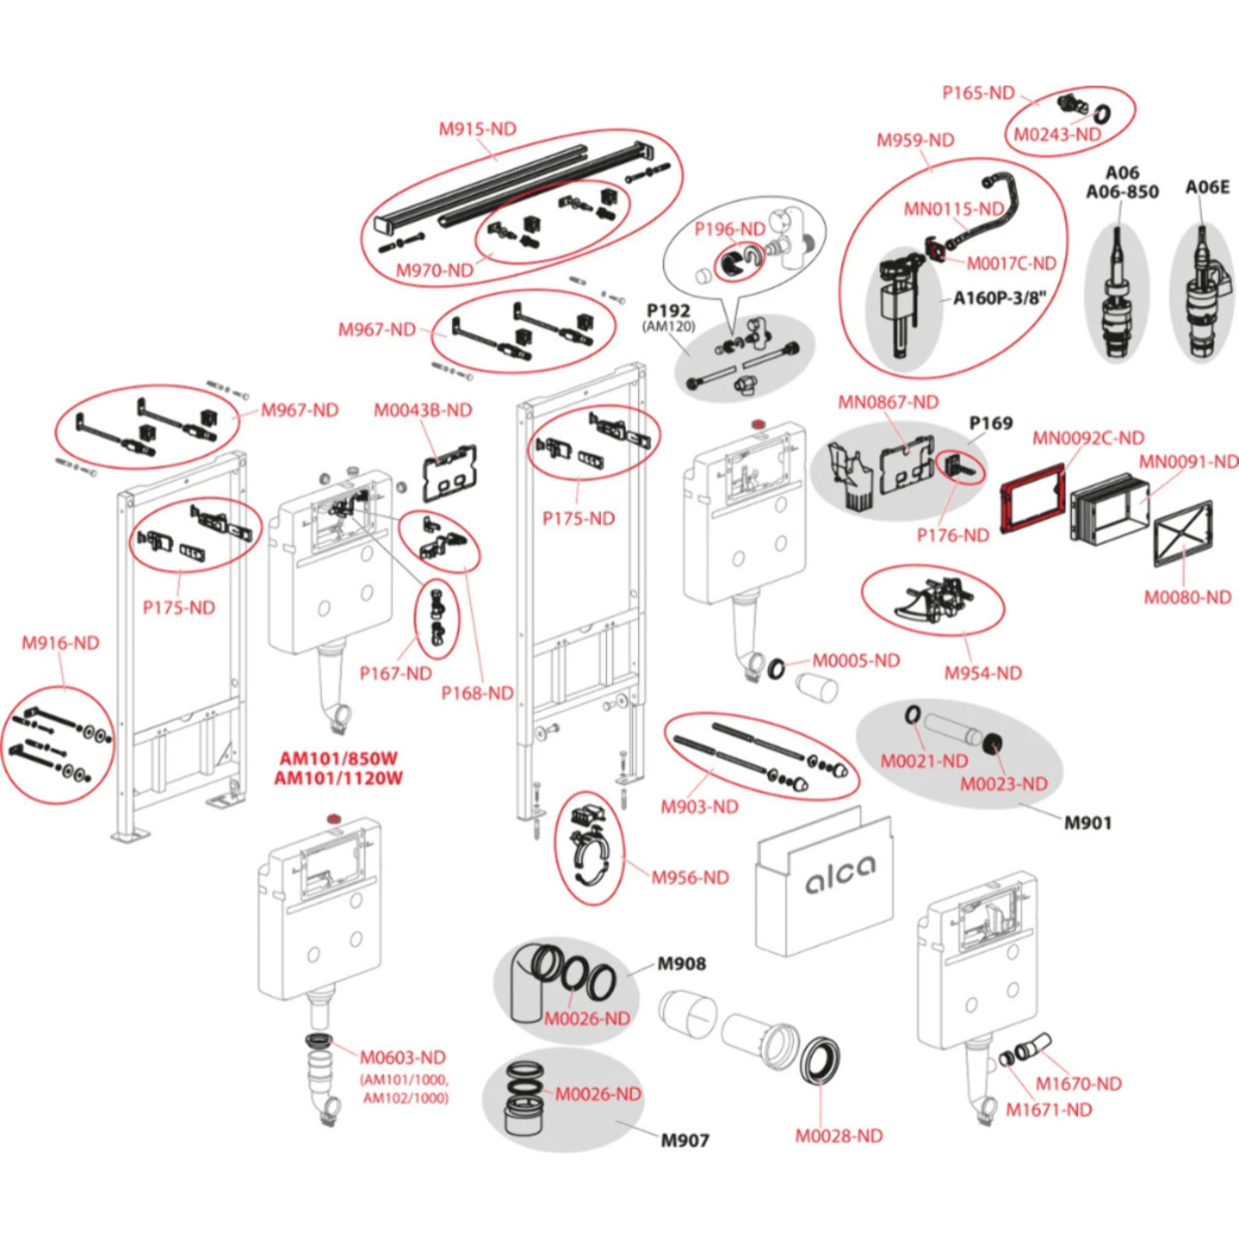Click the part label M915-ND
(477, 129)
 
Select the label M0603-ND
(402, 1057)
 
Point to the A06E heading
(1207, 187)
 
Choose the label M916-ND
(61, 643)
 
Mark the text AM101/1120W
(338, 779)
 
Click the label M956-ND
(690, 878)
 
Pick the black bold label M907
(684, 1139)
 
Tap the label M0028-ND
(838, 1136)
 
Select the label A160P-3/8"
(1000, 298)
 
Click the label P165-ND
(978, 93)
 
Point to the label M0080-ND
(1187, 597)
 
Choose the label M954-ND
(983, 673)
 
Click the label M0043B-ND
(423, 410)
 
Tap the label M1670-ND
(1078, 1083)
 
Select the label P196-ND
(730, 229)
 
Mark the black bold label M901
(1088, 823)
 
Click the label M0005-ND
(855, 660)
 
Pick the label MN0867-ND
(888, 402)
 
